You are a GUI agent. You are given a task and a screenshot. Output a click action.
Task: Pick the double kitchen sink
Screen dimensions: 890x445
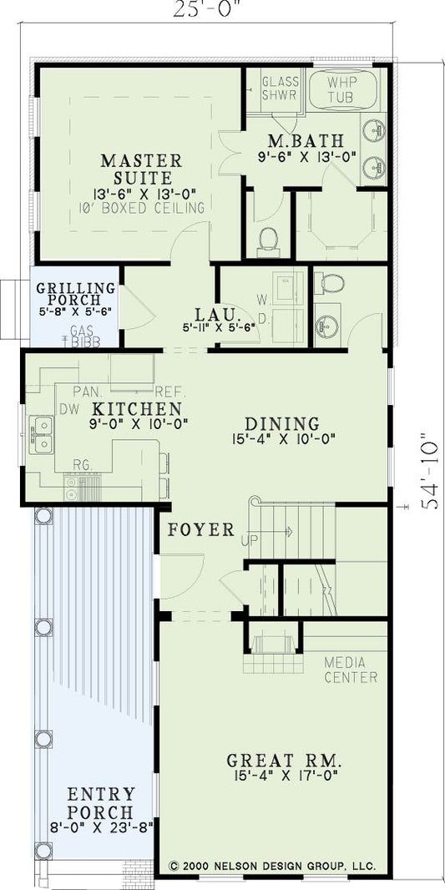click(40, 429)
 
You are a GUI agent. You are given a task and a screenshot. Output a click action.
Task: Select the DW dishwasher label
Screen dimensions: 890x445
click(68, 408)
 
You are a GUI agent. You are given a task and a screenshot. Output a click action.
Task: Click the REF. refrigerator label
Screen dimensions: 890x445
click(170, 391)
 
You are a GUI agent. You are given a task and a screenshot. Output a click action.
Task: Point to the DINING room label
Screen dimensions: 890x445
click(282, 423)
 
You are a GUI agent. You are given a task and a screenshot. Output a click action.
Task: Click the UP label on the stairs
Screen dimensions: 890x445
click(249, 541)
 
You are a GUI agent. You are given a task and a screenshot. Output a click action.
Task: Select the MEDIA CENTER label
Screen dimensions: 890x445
click(351, 670)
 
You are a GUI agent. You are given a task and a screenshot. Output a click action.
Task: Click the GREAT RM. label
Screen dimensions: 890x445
click(285, 761)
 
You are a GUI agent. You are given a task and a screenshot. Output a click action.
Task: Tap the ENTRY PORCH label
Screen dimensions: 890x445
click(101, 803)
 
